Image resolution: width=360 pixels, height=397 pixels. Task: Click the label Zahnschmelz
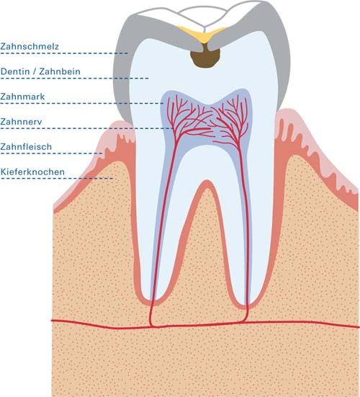coord(30,46)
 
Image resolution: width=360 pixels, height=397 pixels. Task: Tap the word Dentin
coord(15,71)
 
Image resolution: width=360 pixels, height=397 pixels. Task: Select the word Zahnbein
coord(60,71)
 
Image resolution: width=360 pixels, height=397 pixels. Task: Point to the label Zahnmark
coord(22,97)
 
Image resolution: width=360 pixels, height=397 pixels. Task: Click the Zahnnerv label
coord(21,122)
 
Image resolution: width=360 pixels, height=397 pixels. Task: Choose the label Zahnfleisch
coord(26,146)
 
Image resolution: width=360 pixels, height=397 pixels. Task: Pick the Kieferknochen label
coord(32,171)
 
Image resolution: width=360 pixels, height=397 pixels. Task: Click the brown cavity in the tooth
coord(205,57)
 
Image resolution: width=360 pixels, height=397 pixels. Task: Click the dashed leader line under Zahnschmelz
coord(64,53)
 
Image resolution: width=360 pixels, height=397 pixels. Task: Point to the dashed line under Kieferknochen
coord(57,179)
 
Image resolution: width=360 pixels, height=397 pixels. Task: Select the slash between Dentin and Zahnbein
coord(35,71)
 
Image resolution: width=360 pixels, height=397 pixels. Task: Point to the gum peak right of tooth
coord(287,112)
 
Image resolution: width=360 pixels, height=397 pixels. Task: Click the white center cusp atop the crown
coord(202,16)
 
